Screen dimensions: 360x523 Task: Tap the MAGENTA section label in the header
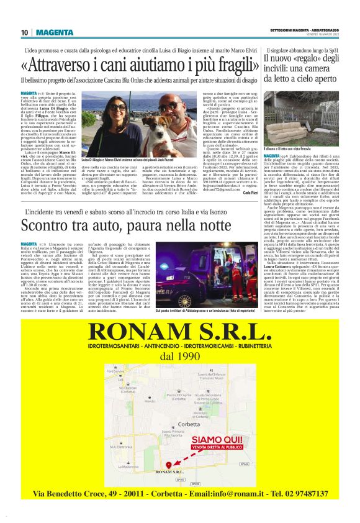click(x=54, y=32)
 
